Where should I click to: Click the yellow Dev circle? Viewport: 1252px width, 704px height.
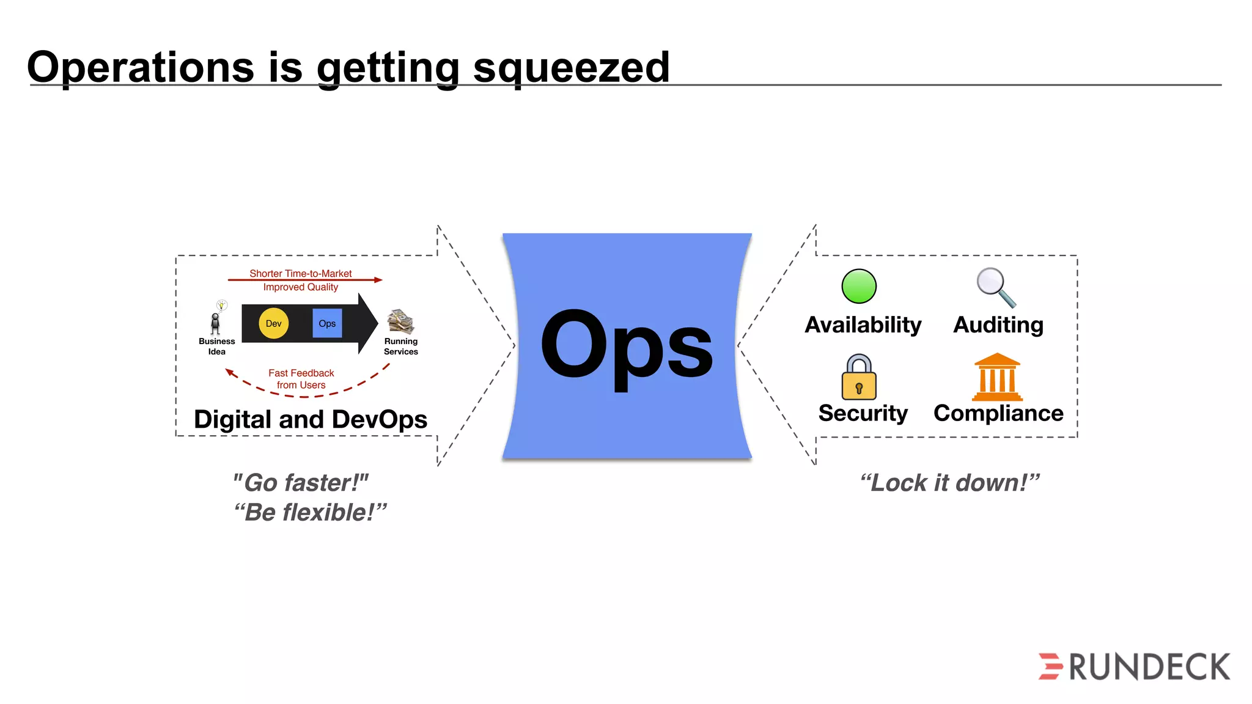(x=273, y=323)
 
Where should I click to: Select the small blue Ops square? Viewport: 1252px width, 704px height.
(x=327, y=323)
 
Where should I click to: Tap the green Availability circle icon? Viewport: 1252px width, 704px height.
(x=859, y=286)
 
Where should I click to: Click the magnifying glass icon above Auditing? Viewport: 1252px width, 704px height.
(x=995, y=287)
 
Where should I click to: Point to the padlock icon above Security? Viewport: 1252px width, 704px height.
(x=859, y=378)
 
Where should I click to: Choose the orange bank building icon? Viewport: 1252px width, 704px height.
(x=997, y=377)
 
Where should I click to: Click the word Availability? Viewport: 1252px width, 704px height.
(x=863, y=324)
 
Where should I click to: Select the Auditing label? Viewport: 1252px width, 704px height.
(x=998, y=324)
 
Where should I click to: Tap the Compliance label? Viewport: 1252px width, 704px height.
(x=998, y=413)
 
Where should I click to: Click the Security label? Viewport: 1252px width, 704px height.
(x=863, y=413)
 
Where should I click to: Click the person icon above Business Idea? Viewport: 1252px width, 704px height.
(x=215, y=322)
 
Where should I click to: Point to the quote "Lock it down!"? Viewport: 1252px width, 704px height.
(x=949, y=483)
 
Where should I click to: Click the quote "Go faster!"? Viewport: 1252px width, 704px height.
(x=301, y=483)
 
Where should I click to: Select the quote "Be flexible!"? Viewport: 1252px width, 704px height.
(x=310, y=512)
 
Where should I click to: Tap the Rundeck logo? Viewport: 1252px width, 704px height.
(x=1135, y=666)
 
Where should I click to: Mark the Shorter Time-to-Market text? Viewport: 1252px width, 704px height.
(x=300, y=273)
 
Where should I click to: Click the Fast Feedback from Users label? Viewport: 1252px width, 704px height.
(x=301, y=379)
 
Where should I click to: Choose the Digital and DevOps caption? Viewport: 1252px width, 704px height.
(x=311, y=419)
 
